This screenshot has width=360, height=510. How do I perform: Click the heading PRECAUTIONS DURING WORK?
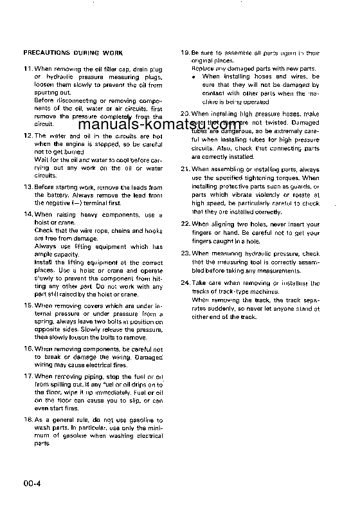point(73,52)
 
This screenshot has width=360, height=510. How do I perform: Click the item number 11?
point(27,68)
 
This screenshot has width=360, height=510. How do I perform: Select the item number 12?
point(27,136)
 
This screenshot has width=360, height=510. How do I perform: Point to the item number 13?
point(27,187)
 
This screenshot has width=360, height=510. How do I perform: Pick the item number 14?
point(27,213)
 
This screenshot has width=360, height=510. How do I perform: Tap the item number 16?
point(27,348)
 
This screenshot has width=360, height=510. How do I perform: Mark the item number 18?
point(27,419)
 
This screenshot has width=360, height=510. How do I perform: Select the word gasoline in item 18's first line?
point(144,419)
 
